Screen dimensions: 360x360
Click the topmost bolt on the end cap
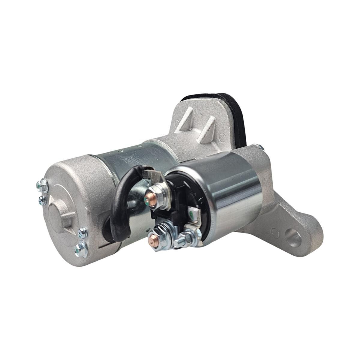click(x=42, y=186)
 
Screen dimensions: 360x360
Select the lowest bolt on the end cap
click(x=81, y=249)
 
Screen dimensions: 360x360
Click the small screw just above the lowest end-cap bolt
click(x=82, y=232)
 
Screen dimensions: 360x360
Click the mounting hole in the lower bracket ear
click(x=293, y=237)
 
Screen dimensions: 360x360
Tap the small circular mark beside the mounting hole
click(x=274, y=232)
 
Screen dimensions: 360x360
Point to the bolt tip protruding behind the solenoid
click(x=260, y=147)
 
